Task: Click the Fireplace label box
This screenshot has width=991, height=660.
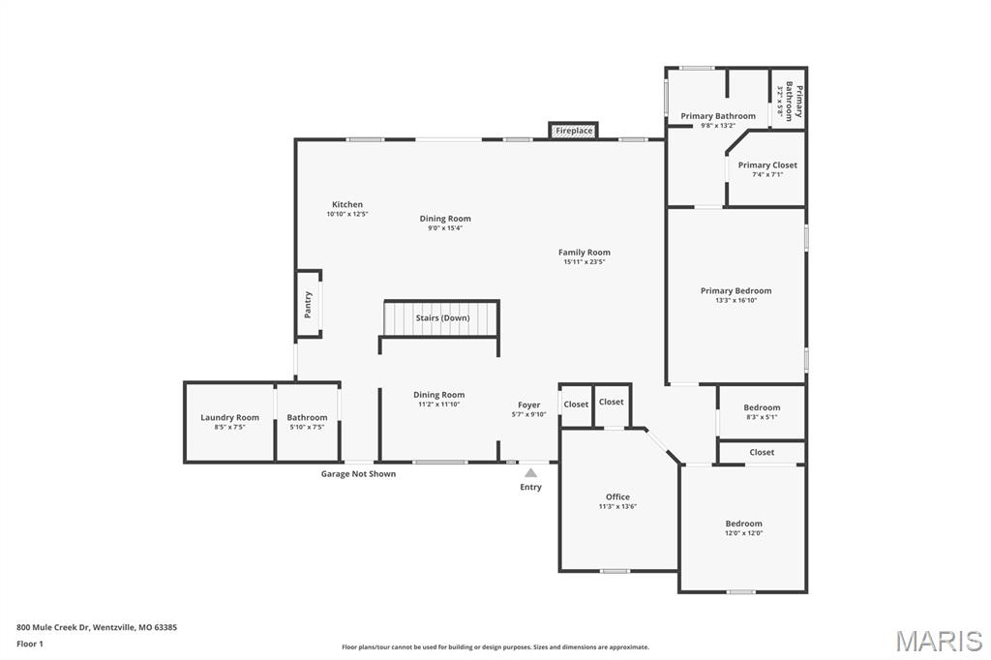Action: tap(574, 131)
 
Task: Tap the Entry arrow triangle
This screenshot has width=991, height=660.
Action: tap(530, 473)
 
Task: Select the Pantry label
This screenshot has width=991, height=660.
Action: tap(308, 304)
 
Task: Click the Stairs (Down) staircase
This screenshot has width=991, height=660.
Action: tap(441, 317)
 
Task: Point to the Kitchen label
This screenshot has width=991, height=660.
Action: tap(347, 204)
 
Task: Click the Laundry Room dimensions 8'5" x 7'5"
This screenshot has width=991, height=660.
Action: tap(229, 427)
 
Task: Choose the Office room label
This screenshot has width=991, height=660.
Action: tap(617, 496)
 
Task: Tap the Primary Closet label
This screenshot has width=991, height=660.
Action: tap(767, 165)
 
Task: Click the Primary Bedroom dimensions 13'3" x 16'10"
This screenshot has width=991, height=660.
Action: tap(736, 300)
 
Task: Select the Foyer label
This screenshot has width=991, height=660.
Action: tap(528, 405)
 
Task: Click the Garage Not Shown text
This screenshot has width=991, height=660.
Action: tap(358, 474)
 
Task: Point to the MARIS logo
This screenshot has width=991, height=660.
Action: tap(938, 641)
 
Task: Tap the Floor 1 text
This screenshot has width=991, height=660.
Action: tap(30, 644)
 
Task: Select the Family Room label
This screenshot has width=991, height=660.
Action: tap(584, 252)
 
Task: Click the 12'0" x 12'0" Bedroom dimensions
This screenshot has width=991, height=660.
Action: tap(743, 533)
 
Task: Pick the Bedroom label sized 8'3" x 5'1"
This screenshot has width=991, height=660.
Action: tap(762, 407)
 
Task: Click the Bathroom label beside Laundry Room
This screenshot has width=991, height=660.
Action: tap(307, 417)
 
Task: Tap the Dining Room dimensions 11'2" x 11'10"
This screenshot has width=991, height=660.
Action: tap(438, 405)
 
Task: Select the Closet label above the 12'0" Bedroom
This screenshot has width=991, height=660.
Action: tap(762, 452)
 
